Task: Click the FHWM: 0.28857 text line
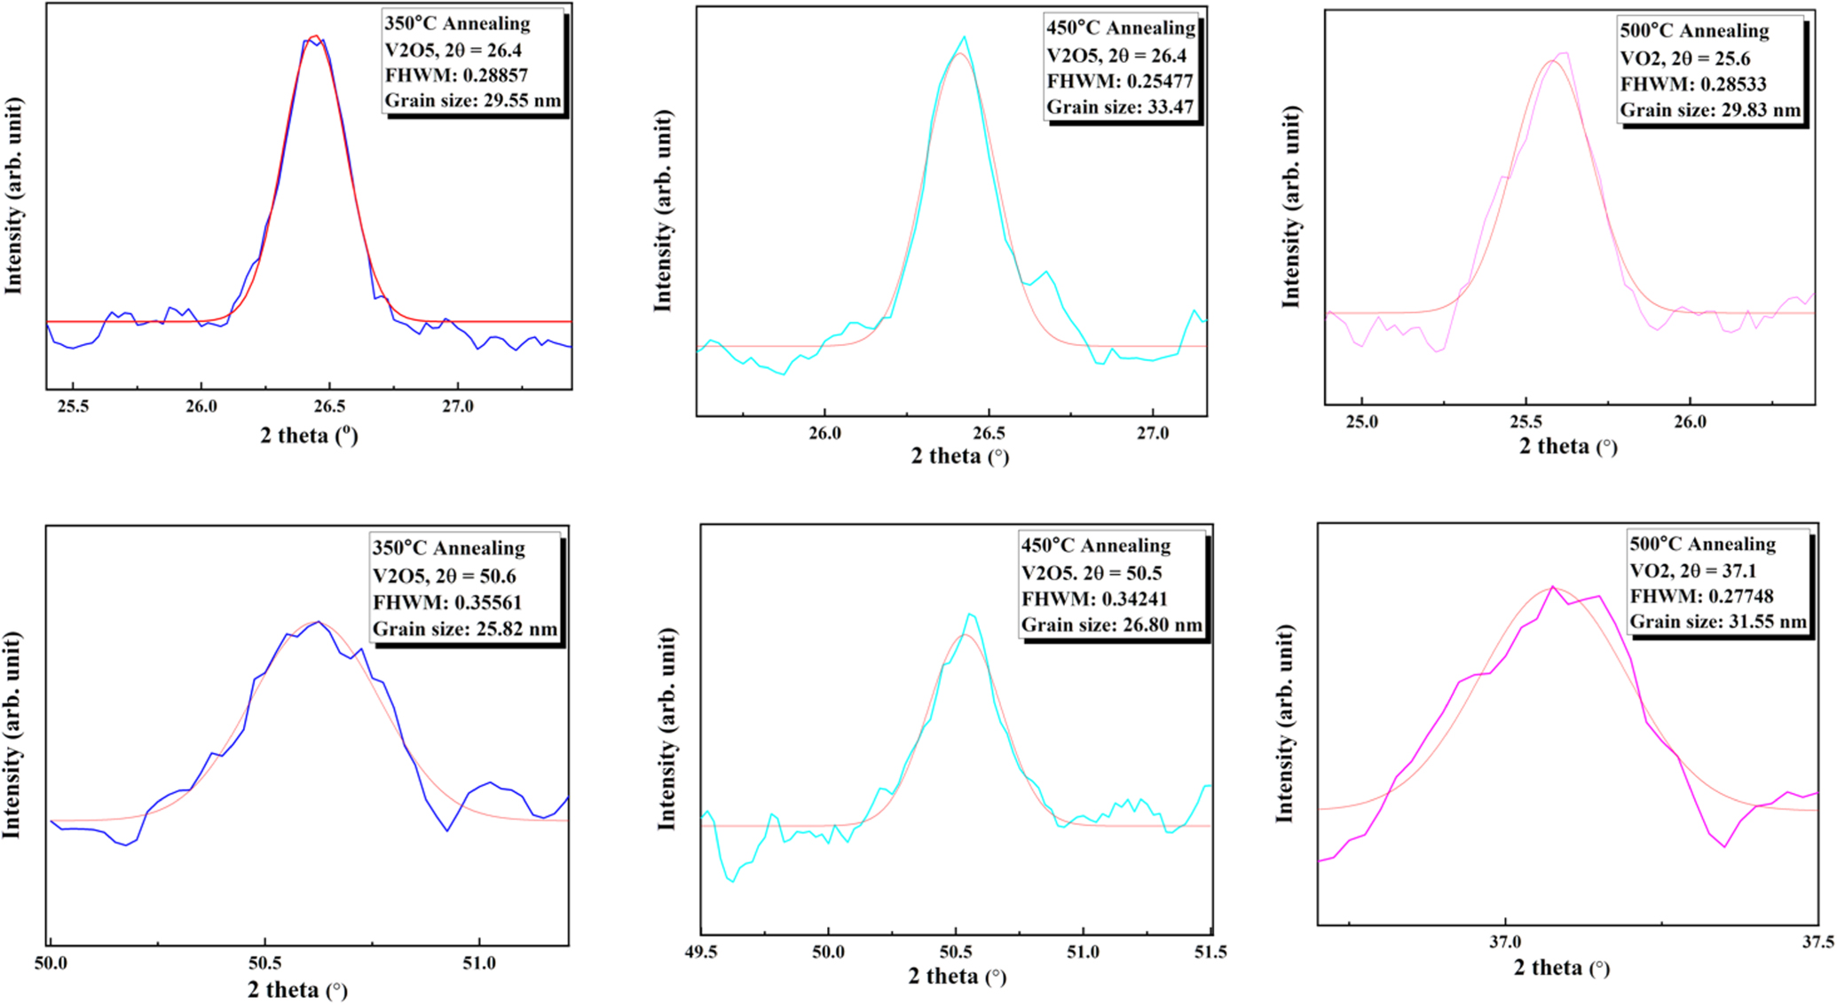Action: [456, 75]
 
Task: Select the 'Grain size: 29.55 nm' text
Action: [473, 100]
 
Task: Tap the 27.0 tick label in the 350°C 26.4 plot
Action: [457, 407]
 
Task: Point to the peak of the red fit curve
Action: [315, 36]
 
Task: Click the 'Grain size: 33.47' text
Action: [1120, 107]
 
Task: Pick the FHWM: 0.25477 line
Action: [1120, 82]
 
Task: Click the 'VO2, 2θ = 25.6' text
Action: [1685, 59]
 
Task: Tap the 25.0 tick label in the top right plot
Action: [1361, 422]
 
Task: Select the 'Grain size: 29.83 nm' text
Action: [1710, 110]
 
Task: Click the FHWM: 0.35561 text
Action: [447, 602]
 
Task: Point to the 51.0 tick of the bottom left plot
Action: [479, 963]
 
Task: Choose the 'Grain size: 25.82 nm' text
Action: [465, 629]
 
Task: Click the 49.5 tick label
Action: [701, 953]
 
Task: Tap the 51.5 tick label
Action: [1210, 953]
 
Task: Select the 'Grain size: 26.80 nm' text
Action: [1112, 624]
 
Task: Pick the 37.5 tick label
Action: [1817, 943]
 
